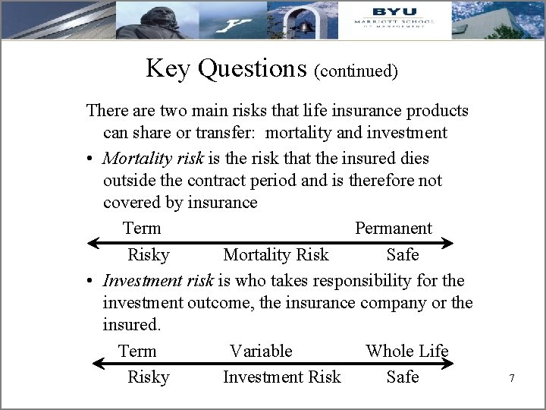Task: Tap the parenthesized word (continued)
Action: click(356, 71)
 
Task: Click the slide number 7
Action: click(512, 377)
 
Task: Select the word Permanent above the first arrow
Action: click(393, 228)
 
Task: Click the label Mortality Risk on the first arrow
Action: click(276, 254)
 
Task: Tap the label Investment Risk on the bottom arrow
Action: click(281, 377)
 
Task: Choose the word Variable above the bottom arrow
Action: click(261, 351)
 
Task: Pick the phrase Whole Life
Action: click(406, 351)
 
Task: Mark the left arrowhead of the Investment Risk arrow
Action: click(97, 364)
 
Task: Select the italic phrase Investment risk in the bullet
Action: click(158, 280)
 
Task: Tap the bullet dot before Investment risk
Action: click(89, 281)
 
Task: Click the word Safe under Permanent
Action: click(402, 254)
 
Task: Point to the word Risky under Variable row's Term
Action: click(148, 377)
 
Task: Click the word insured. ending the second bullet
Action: click(131, 325)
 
